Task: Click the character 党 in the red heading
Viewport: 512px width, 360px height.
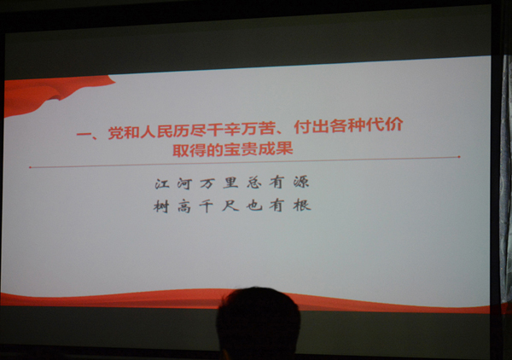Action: pyautogui.click(x=116, y=133)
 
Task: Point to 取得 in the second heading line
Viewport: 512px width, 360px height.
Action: pyautogui.click(x=189, y=150)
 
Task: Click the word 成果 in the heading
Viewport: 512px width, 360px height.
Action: pyautogui.click(x=276, y=148)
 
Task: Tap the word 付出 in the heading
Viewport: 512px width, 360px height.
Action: pyautogui.click(x=311, y=126)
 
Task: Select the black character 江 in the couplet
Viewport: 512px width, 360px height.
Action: pyautogui.click(x=162, y=183)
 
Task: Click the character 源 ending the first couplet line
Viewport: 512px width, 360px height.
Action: pyautogui.click(x=301, y=182)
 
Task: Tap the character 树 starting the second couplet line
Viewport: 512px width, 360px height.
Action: pyautogui.click(x=161, y=206)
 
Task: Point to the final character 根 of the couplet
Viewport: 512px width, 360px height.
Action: pyautogui.click(x=302, y=205)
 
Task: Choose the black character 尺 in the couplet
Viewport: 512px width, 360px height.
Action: pyautogui.click(x=230, y=206)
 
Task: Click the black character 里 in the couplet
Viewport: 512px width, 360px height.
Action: pyautogui.click(x=230, y=183)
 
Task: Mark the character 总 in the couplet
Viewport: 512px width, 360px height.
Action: pyautogui.click(x=254, y=182)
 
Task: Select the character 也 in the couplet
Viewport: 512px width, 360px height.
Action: pyautogui.click(x=254, y=206)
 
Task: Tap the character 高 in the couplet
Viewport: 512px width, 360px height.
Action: pyautogui.click(x=184, y=206)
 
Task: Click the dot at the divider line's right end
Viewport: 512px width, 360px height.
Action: pyautogui.click(x=459, y=157)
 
